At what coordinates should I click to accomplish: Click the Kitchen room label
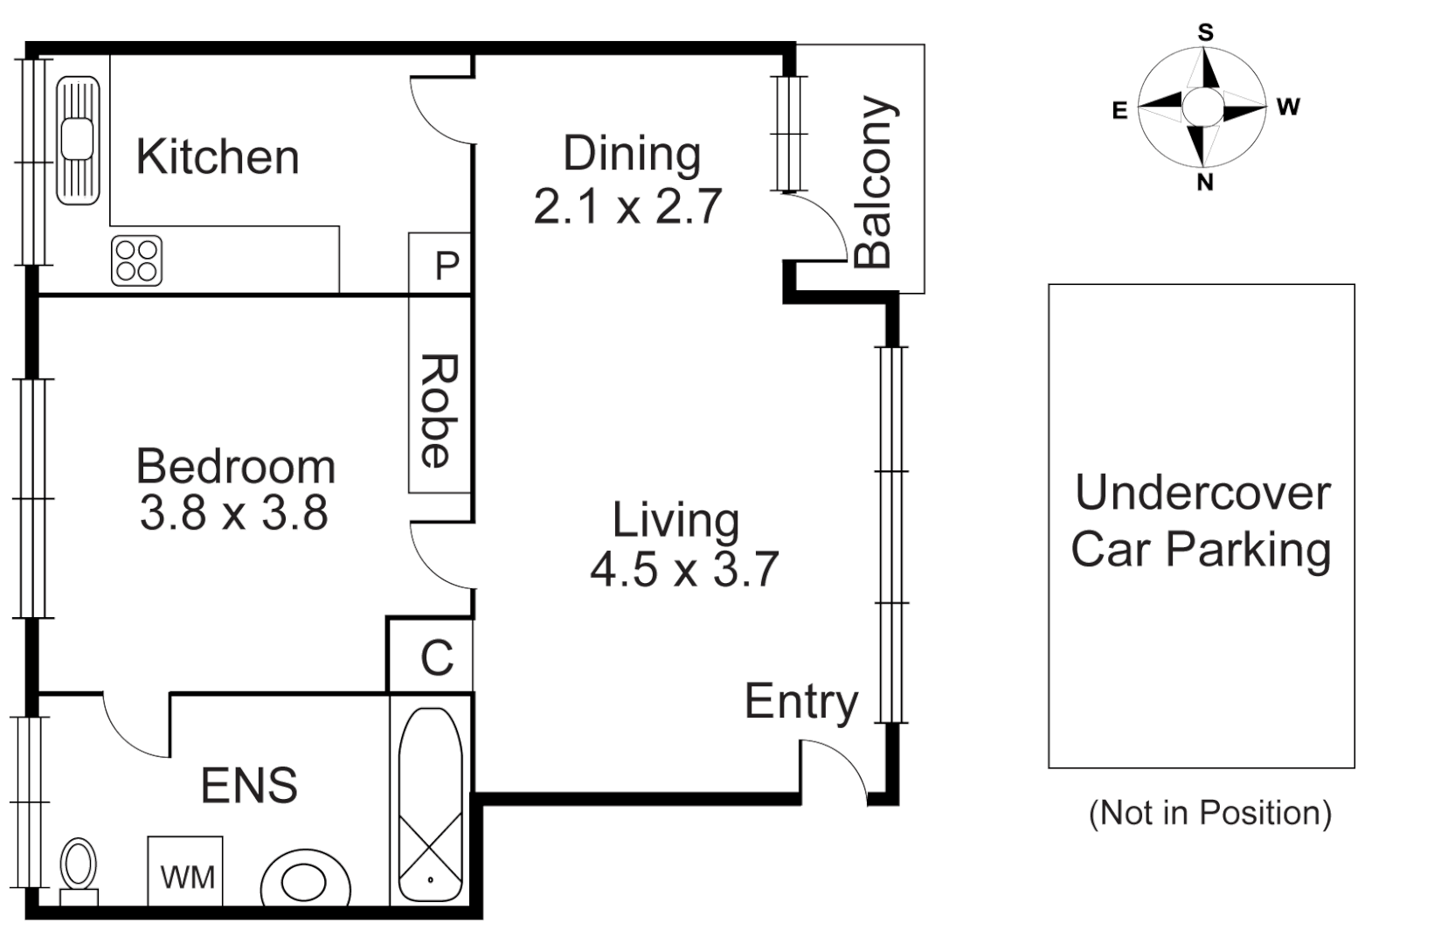[218, 157]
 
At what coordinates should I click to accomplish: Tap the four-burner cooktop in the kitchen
[137, 260]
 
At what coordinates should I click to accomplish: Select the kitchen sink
[78, 140]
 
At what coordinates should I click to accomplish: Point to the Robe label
[439, 410]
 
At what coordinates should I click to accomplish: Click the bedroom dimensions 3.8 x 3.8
[233, 513]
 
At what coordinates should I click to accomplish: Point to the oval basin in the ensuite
[305, 881]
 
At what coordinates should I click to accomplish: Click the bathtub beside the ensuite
[431, 805]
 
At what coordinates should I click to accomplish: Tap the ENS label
[249, 785]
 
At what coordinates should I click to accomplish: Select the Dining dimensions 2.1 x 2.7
[627, 207]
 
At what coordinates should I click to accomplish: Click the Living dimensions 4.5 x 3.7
[683, 570]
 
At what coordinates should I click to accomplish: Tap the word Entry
[801, 702]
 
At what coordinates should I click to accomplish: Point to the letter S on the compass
[1205, 33]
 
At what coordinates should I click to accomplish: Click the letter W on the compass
[1288, 108]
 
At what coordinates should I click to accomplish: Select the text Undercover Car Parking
[1202, 521]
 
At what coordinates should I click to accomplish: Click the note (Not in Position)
[1209, 813]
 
